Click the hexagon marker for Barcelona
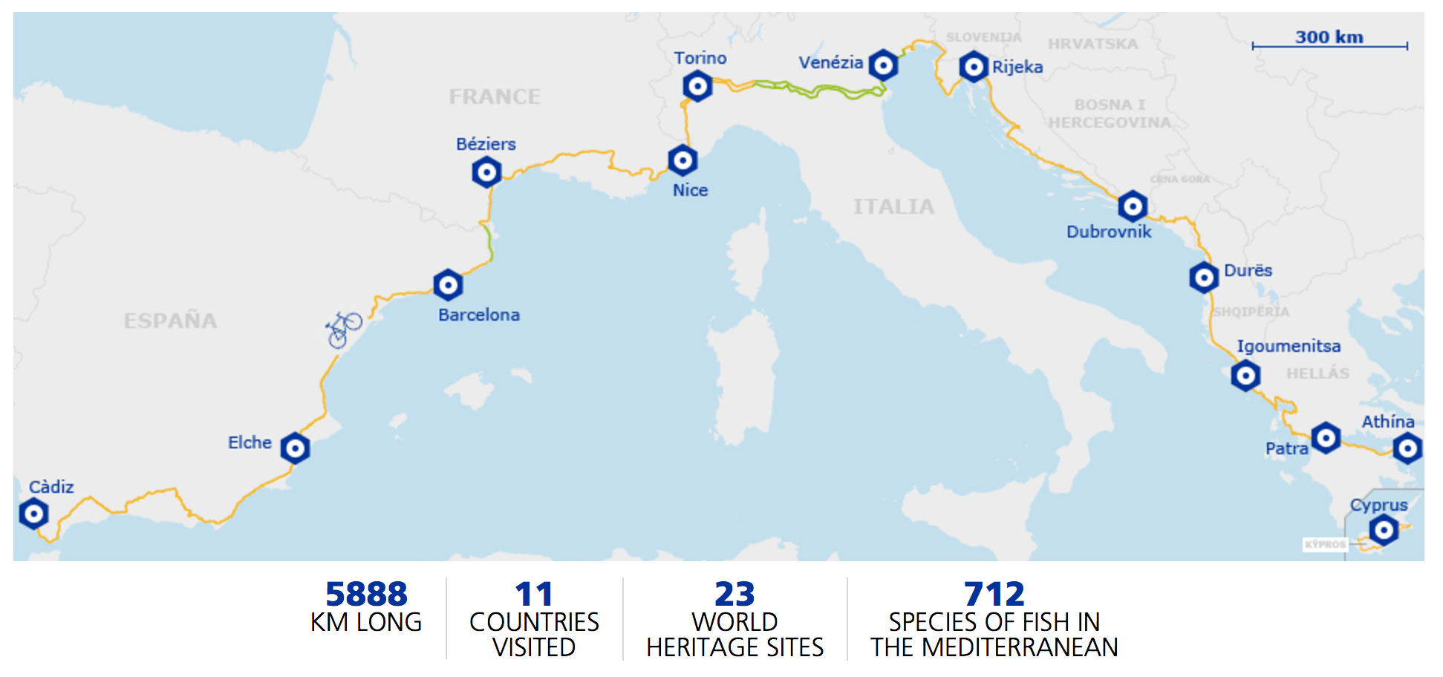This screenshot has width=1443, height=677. [448, 284]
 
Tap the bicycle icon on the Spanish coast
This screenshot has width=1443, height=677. [343, 329]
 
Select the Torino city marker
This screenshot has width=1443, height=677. [697, 87]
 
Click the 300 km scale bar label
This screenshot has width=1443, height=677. [1329, 37]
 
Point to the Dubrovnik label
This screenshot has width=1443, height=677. [1108, 232]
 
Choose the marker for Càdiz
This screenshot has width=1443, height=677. [33, 514]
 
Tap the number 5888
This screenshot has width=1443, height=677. [366, 594]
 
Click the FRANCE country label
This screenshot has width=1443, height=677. [495, 97]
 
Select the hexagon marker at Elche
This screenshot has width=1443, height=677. [295, 448]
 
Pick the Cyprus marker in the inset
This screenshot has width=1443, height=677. [1383, 530]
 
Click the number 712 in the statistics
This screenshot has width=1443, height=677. [994, 594]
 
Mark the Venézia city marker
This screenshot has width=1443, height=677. [883, 65]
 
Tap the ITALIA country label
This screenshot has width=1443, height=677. [893, 206]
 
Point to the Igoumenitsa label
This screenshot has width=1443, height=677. [1288, 346]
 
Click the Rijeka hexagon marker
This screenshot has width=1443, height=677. [973, 67]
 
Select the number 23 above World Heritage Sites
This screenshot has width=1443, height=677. [734, 594]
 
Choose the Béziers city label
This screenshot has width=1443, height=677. [486, 144]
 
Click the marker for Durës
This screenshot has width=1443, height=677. [1203, 278]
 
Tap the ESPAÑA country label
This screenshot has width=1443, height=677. [170, 321]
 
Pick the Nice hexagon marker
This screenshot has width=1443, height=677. [683, 160]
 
